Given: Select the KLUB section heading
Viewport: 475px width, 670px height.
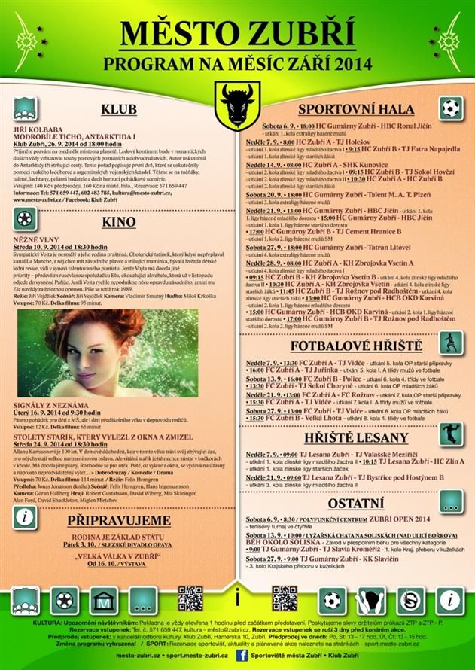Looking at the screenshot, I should coord(119,110).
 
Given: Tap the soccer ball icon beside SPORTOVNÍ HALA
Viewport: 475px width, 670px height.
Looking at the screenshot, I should coord(450,108).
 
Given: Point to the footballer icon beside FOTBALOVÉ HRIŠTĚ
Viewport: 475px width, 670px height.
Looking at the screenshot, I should coord(450,340).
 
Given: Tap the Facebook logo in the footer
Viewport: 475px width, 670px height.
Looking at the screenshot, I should coord(242,656).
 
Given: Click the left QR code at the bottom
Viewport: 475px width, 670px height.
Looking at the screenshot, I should coord(190,598).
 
